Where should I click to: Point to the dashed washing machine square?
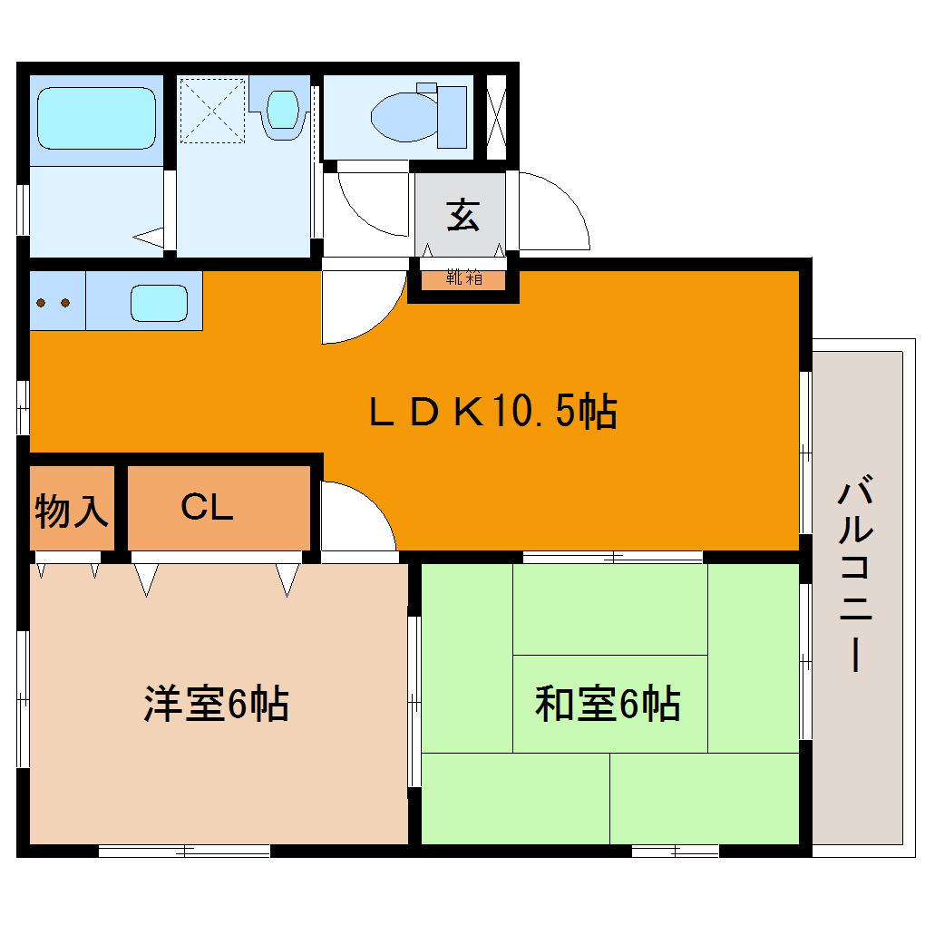tap(212, 111)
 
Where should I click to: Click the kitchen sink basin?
tap(159, 302)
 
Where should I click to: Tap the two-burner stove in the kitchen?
tap(54, 302)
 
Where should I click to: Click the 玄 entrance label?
tap(462, 216)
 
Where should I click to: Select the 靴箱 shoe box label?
tap(463, 279)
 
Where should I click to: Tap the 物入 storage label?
tap(71, 511)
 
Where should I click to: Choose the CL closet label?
tap(207, 508)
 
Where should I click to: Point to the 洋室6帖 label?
tap(216, 704)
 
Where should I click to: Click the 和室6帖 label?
tap(608, 704)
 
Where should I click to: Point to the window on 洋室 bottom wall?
tap(184, 851)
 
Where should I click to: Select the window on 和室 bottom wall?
tap(675, 851)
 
